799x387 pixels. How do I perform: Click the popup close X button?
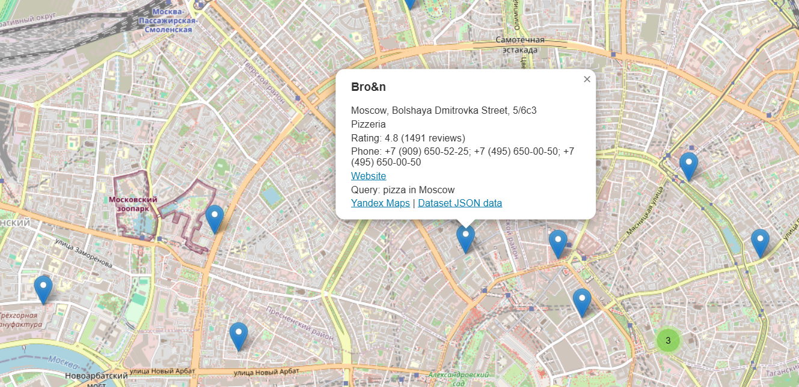(587, 79)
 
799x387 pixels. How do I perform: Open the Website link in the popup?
(369, 176)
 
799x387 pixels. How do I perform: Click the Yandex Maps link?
(380, 203)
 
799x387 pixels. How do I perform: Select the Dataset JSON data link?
(460, 203)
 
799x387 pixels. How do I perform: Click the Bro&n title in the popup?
(369, 87)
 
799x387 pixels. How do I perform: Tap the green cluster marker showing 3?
(668, 340)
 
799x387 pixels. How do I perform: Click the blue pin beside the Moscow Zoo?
(215, 218)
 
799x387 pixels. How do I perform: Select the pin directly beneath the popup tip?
(465, 238)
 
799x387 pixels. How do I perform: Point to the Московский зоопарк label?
(133, 203)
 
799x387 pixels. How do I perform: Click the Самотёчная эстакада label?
(520, 45)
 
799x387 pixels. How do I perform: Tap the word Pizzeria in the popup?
(369, 125)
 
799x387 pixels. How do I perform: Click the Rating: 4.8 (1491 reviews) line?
(408, 138)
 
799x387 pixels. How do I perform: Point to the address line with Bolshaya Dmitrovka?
(444, 111)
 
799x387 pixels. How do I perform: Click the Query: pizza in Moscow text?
(403, 190)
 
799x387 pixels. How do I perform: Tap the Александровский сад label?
(457, 378)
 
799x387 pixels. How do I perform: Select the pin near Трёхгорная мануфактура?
(43, 289)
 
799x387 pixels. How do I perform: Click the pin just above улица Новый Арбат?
(239, 336)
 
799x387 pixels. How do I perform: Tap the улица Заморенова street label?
(84, 253)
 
